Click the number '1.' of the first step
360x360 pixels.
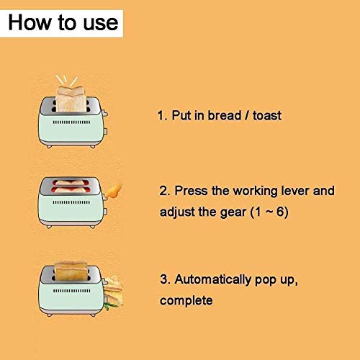coord(161,115)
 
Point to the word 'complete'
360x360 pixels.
coord(186,300)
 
